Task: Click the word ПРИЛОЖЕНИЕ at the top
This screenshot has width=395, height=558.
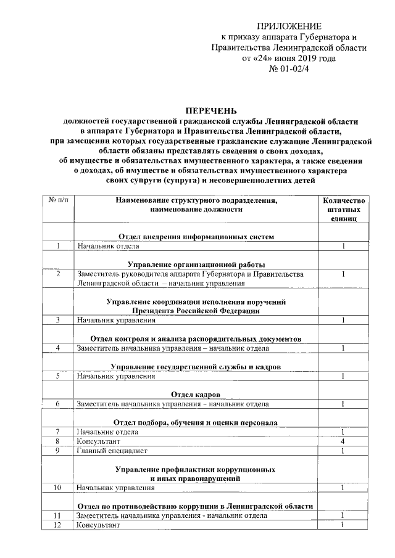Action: point(289,26)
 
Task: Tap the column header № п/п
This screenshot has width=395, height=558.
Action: point(57,200)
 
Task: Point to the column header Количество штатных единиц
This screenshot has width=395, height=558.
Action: point(343,210)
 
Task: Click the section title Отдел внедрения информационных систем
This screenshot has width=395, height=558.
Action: point(196,236)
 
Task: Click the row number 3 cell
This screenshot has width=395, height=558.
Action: point(57,320)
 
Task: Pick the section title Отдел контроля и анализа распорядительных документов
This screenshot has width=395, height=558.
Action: point(196,338)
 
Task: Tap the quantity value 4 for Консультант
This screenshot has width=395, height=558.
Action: point(343,441)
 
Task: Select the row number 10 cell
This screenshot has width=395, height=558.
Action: point(57,488)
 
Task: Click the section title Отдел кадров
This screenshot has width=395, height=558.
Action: point(196,394)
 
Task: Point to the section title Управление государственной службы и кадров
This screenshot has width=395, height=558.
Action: point(196,366)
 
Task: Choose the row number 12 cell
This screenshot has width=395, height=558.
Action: point(57,525)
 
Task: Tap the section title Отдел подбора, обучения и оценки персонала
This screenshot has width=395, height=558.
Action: point(196,422)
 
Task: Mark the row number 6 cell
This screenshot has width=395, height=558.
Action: point(57,404)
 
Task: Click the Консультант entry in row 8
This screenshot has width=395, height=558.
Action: point(98,441)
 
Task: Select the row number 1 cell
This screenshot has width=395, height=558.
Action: point(57,246)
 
